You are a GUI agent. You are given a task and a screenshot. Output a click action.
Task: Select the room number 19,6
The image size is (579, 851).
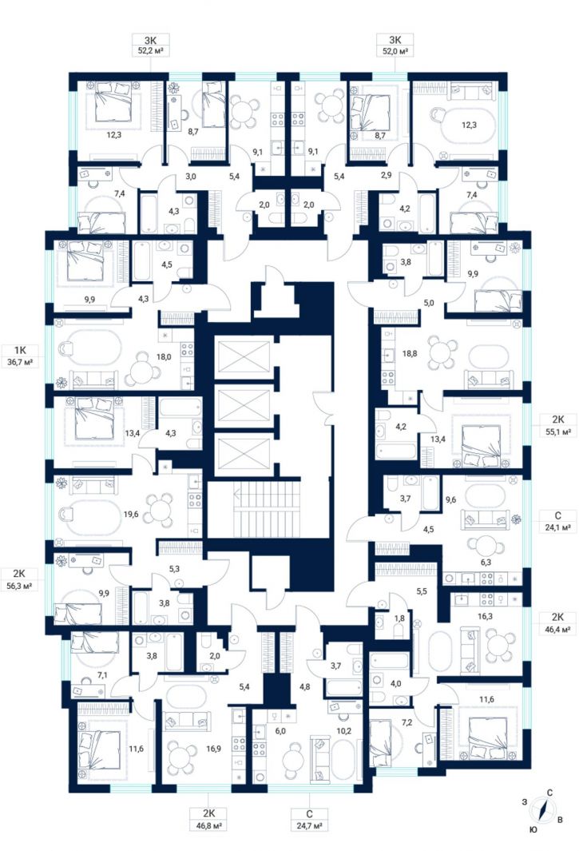pos(131,514)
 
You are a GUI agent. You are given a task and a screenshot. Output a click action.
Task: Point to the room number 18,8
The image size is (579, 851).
pos(410,353)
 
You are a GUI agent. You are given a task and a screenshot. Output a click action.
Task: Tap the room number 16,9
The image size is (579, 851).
pos(213,749)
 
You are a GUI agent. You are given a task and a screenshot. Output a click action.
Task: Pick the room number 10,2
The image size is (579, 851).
pos(343,730)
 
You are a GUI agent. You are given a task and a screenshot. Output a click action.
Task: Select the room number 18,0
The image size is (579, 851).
pos(164,357)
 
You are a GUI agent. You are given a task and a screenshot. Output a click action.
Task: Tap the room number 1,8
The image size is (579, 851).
pos(399,618)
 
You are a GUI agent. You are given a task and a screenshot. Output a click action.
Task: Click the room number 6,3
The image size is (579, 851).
pos(486,563)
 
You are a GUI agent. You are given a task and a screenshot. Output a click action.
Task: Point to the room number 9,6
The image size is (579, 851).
pos(450,499)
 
